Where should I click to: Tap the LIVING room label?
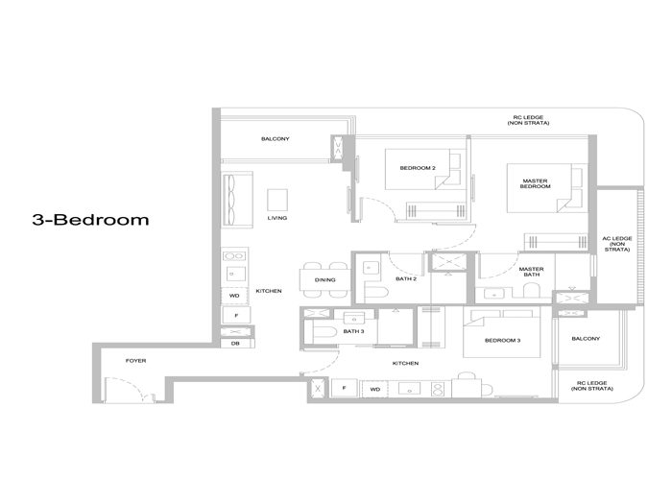click(x=276, y=218)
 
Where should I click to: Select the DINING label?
click(x=325, y=280)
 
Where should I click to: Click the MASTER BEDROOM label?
click(x=536, y=182)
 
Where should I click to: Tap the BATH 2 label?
click(x=406, y=279)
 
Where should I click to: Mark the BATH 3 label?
click(x=354, y=331)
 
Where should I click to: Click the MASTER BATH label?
click(x=532, y=273)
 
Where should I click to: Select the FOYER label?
click(x=136, y=361)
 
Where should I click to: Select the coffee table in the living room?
click(x=276, y=198)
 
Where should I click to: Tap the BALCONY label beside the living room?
click(x=275, y=139)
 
